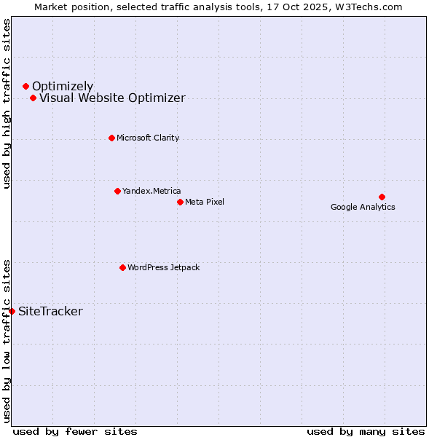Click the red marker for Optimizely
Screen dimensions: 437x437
point(25,86)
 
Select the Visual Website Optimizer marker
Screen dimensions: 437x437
point(33,98)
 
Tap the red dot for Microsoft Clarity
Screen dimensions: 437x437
point(111,138)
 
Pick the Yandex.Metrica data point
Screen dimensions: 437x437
point(117,191)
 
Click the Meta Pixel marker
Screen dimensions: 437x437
point(180,202)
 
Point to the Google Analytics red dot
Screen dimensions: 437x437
point(382,197)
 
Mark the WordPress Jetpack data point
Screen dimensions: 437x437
point(122,267)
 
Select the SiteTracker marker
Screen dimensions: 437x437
point(12,311)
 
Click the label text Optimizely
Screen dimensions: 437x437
point(63,86)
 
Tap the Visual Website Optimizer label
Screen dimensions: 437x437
point(112,98)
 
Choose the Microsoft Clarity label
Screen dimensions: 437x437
point(148,138)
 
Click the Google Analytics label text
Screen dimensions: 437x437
point(363,207)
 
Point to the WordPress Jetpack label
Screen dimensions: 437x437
point(163,267)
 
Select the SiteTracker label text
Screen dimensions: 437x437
point(50,312)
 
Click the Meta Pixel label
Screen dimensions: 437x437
point(205,202)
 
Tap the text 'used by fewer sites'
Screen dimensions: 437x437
point(75,431)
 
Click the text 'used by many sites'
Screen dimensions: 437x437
point(366,431)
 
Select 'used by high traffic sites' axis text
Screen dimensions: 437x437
point(7,103)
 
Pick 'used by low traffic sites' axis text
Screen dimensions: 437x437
point(7,341)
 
